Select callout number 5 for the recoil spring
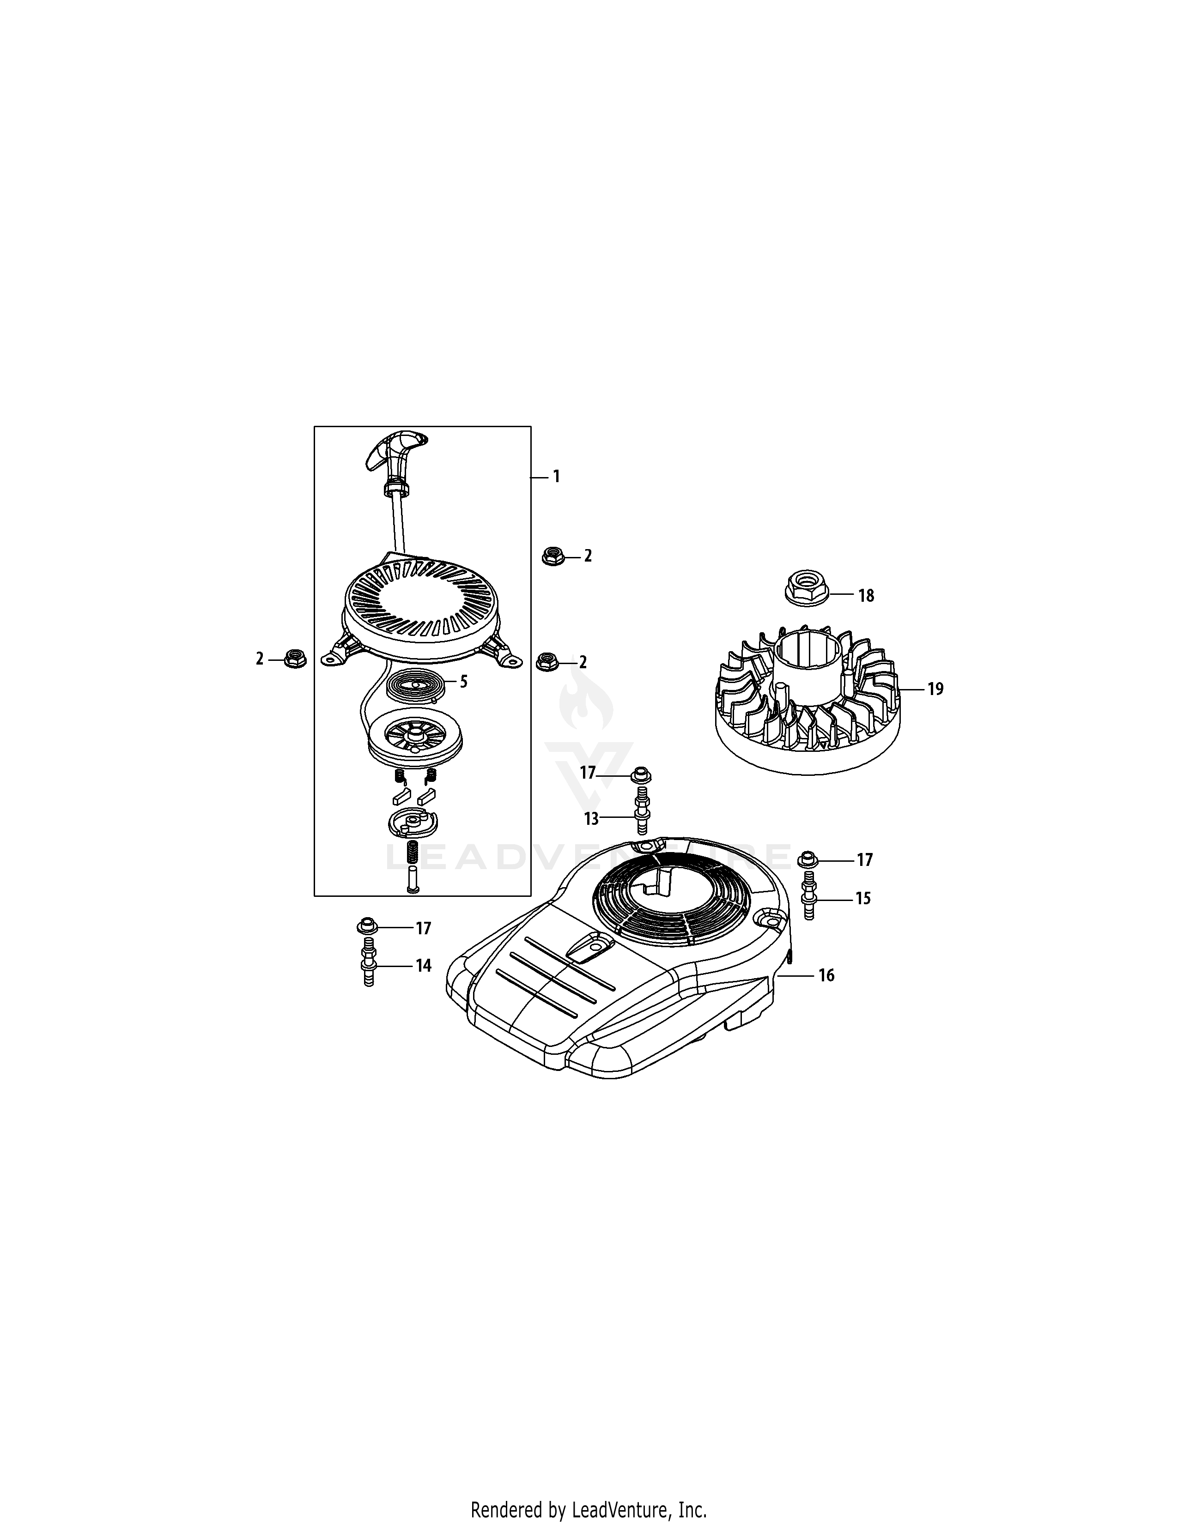[x=463, y=681]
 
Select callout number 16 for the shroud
[x=826, y=975]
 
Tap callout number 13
[x=591, y=818]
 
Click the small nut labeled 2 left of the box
[x=296, y=658]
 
